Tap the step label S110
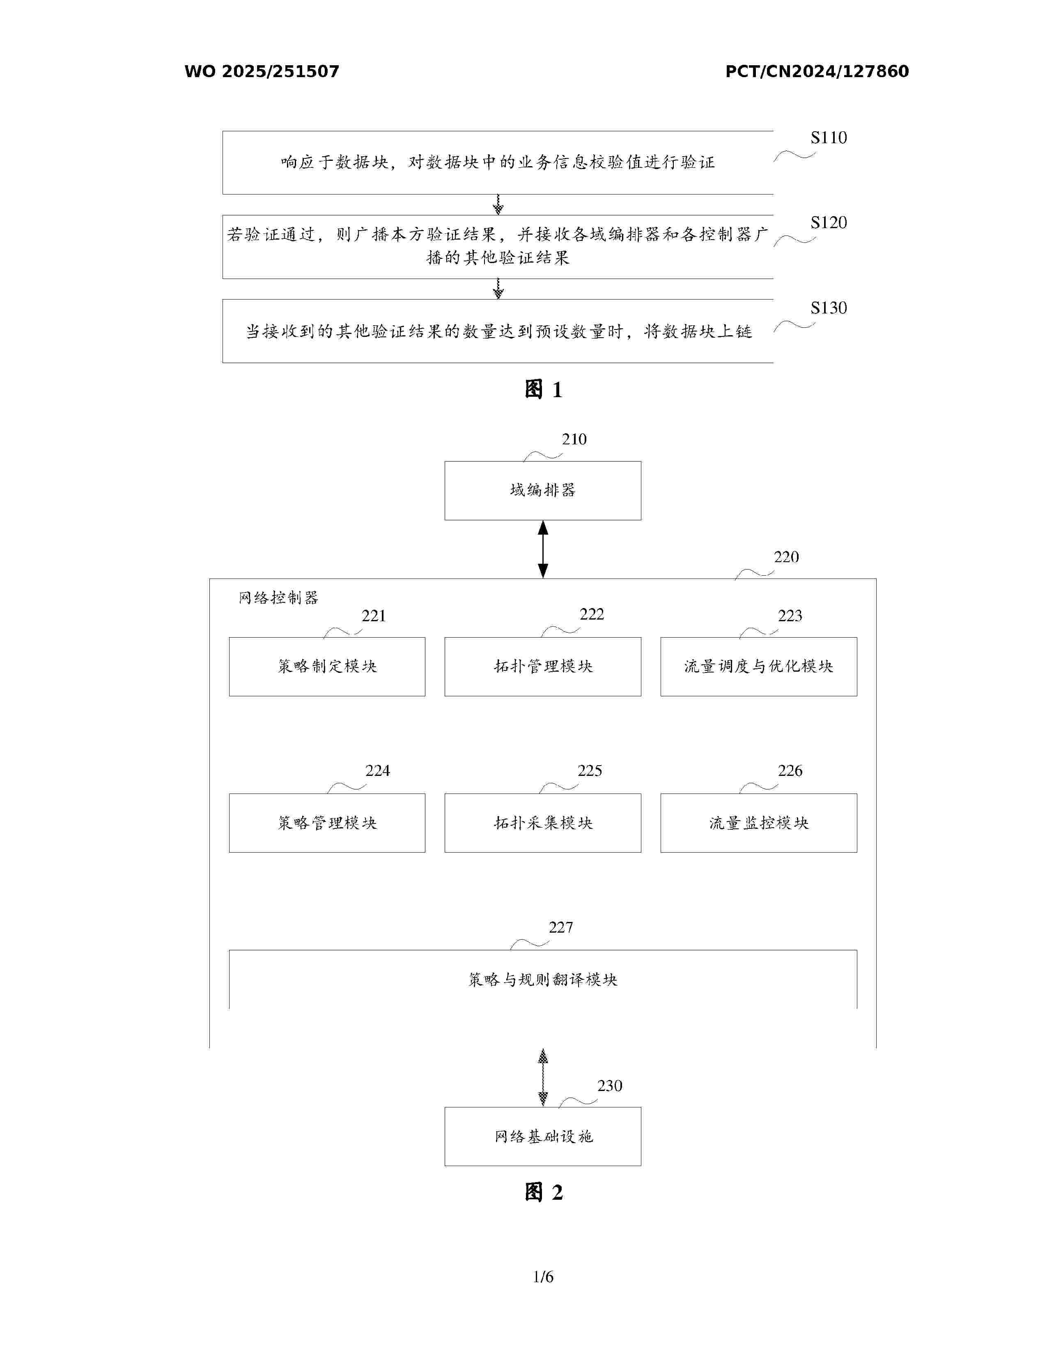(828, 137)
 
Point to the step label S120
(828, 222)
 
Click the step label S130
(828, 308)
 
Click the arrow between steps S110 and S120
(498, 205)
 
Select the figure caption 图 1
(543, 389)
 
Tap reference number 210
(574, 439)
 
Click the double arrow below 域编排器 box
(543, 549)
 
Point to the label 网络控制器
(278, 598)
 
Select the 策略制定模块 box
(327, 666)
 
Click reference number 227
(561, 927)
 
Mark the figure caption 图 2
(543, 1192)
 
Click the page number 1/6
(543, 1276)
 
